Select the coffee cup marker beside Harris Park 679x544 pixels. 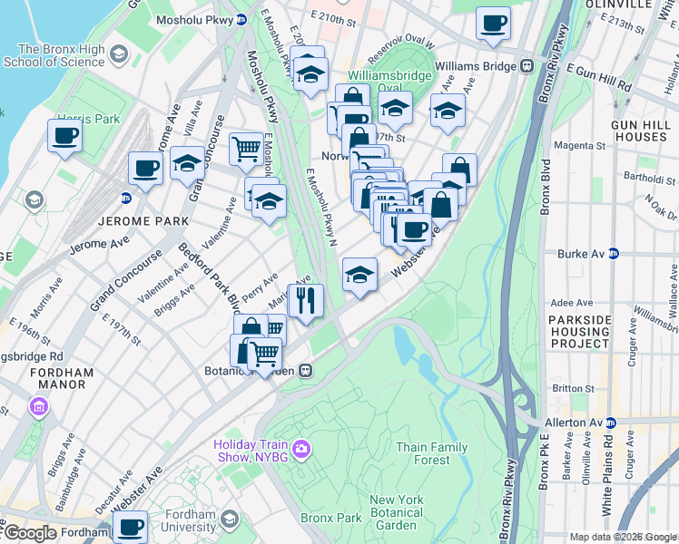coord(64,137)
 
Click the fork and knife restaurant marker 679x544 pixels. coord(306,300)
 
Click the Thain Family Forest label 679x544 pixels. coord(432,453)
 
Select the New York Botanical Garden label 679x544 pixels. coord(397,512)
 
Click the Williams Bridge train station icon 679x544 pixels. coord(526,66)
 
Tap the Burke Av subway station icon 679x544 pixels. coord(615,255)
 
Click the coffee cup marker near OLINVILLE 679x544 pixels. coord(493,24)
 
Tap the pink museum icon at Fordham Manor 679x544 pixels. coord(39,406)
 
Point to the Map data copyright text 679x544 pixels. coord(623,537)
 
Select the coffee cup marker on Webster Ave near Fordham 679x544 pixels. coord(130,527)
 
